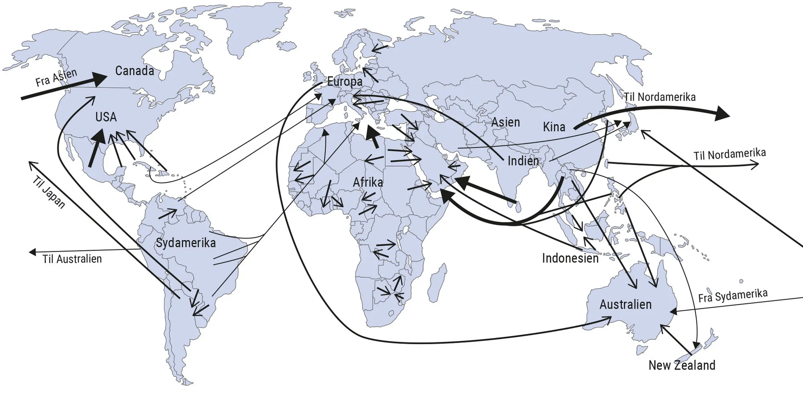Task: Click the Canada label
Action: tap(135, 71)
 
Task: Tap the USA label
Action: tap(106, 117)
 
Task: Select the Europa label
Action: tap(344, 82)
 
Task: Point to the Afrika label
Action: tap(368, 182)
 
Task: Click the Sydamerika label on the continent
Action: tap(185, 243)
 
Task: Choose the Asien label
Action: tap(505, 122)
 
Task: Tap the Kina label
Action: tap(554, 127)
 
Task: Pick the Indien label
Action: tap(523, 161)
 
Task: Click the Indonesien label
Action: tap(570, 258)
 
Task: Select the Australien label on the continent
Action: tap(626, 304)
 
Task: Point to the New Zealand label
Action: tap(682, 365)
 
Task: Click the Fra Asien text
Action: tap(56, 78)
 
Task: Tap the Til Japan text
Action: tap(48, 192)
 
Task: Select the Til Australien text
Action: tap(72, 259)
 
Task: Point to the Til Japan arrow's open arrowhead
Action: tap(31, 164)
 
